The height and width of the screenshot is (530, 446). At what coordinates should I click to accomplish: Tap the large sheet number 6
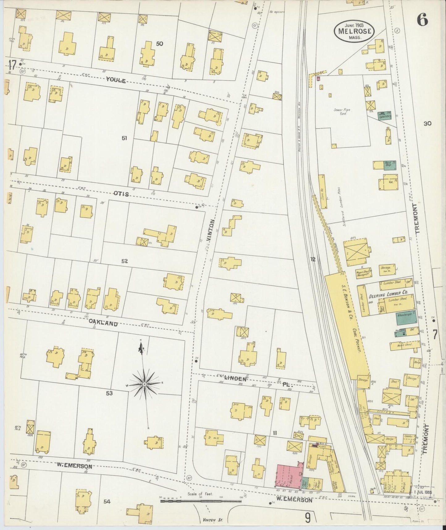[422, 21]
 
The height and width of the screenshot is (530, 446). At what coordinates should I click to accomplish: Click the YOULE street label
[116, 80]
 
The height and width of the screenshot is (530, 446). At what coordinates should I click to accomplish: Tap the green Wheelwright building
[406, 318]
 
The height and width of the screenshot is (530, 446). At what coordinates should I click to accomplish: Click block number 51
[124, 138]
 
